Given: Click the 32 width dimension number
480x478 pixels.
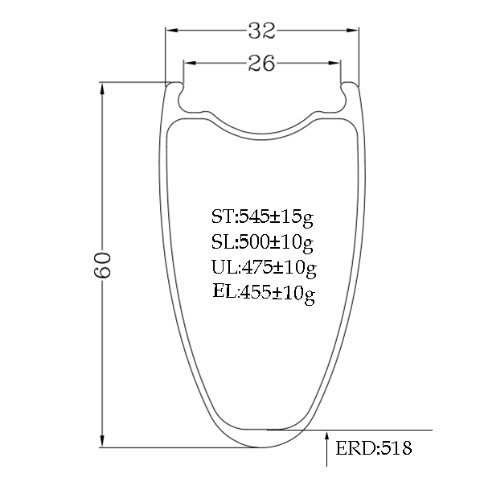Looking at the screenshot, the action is [x=261, y=31].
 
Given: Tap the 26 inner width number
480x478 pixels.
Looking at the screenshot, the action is [x=261, y=63].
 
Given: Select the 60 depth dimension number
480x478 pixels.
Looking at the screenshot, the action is [x=102, y=265].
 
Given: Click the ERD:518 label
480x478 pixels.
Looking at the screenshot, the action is [x=374, y=448].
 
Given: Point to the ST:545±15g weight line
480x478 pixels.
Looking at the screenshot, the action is [x=262, y=217].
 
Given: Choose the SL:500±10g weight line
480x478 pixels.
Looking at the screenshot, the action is [x=262, y=242].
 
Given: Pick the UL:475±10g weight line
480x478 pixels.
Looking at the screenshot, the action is [x=264, y=267].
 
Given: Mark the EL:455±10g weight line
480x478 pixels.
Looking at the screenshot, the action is [x=264, y=293].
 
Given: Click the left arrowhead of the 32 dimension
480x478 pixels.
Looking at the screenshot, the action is [x=171, y=31].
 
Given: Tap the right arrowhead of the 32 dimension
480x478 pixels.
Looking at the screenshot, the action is [x=352, y=31].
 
